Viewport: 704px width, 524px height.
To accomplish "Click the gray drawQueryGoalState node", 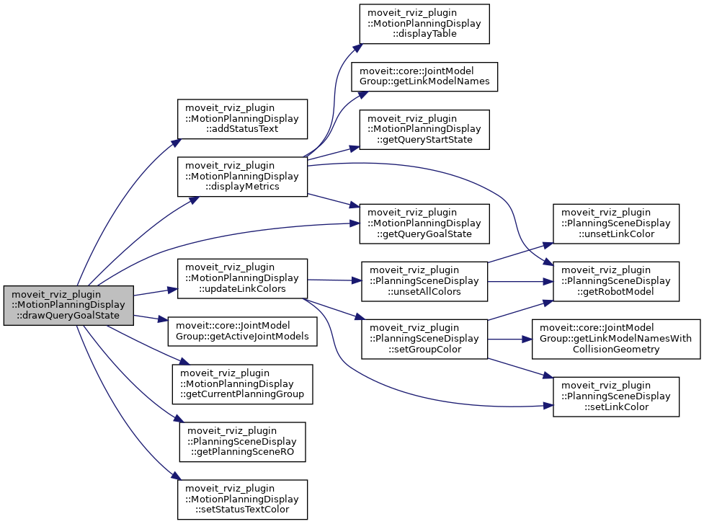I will click(x=68, y=305).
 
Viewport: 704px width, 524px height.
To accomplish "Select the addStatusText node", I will click(x=243, y=118).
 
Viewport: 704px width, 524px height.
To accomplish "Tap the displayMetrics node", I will click(x=243, y=175).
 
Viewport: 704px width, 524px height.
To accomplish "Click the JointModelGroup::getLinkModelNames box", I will click(x=424, y=76).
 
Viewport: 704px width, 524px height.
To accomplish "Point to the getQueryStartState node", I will click(x=424, y=129).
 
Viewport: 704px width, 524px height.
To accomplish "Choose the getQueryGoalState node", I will click(x=424, y=223).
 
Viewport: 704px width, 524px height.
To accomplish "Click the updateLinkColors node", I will click(x=243, y=278).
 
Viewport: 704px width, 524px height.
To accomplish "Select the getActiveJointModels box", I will click(x=243, y=331).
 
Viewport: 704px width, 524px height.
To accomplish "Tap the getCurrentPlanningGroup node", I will click(x=243, y=383).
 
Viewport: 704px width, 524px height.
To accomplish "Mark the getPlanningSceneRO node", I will click(x=243, y=441).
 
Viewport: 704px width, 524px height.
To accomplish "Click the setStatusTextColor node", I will click(x=243, y=499).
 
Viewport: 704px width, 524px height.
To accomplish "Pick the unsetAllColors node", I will click(x=424, y=281).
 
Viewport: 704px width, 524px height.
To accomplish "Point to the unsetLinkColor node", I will click(x=615, y=223).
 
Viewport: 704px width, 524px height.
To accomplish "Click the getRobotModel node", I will click(x=615, y=281).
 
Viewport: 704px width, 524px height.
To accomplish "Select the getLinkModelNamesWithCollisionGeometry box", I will click(x=615, y=338).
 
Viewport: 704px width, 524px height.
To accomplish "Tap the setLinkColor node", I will click(x=615, y=396).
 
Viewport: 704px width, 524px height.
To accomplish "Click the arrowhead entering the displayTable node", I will click(x=355, y=48).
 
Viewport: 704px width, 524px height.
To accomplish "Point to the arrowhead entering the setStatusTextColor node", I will click(x=174, y=477).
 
